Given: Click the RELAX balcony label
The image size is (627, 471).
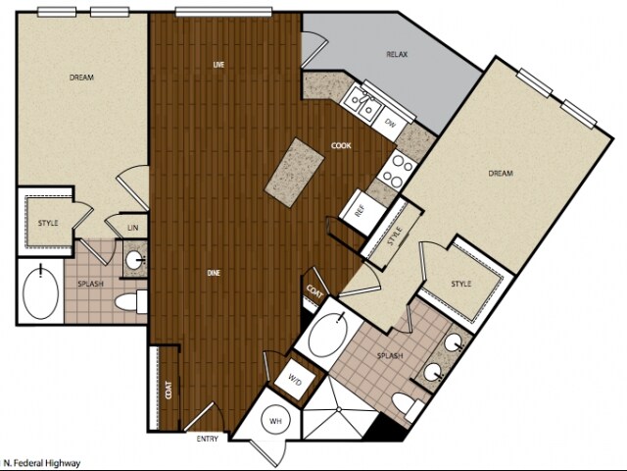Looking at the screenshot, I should tap(397, 54).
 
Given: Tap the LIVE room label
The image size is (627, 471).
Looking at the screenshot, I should tap(219, 65).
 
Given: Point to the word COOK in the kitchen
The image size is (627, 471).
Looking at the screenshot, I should tap(341, 146).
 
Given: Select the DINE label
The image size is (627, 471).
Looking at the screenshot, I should tap(213, 272).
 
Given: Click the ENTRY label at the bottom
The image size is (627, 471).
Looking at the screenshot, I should tap(207, 439).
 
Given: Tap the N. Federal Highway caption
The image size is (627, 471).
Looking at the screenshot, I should tap(42, 462).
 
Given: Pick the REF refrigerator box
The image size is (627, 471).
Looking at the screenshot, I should tap(360, 209).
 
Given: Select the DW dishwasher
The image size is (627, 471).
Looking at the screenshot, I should tap(389, 123).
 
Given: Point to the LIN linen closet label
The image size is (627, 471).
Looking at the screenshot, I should tap(132, 229).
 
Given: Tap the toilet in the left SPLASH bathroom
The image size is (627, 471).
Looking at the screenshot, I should tap(128, 299).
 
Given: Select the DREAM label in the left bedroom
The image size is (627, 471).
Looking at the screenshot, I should tap(81, 77).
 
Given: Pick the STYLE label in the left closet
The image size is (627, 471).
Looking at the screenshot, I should tap(48, 223).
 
